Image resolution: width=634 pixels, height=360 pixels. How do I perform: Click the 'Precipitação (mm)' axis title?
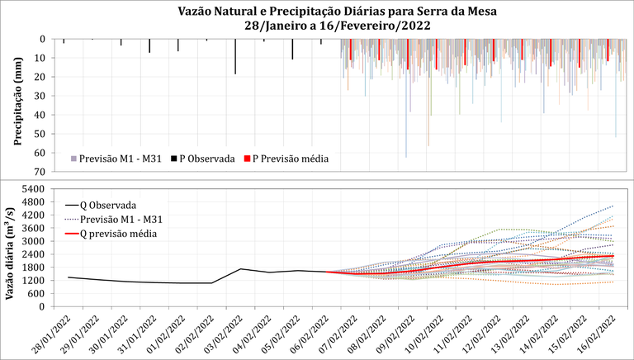[x=17, y=106]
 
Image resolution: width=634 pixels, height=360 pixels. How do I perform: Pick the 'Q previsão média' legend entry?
[x=120, y=234]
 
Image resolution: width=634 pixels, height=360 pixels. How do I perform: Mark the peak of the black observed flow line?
[x=240, y=268]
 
